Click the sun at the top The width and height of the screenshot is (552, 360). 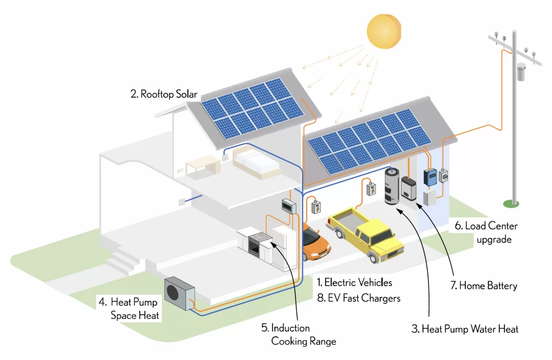[x=384, y=31]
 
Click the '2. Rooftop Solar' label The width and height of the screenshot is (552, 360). [x=164, y=94]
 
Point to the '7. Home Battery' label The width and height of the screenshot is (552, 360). [x=484, y=286]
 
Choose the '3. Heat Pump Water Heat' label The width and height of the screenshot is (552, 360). [x=465, y=329]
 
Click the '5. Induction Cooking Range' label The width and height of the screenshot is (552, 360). [x=299, y=334]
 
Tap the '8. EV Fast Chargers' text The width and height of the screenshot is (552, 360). [x=358, y=298]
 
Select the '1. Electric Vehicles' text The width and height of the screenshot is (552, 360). [x=354, y=282]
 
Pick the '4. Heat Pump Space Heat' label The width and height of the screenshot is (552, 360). [x=129, y=308]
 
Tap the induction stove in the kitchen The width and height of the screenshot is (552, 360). [x=259, y=243]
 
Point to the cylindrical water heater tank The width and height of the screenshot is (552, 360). [x=392, y=186]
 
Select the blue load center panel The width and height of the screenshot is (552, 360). [x=430, y=177]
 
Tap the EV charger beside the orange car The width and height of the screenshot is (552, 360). [x=316, y=207]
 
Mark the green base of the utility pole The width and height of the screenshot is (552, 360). [x=511, y=203]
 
